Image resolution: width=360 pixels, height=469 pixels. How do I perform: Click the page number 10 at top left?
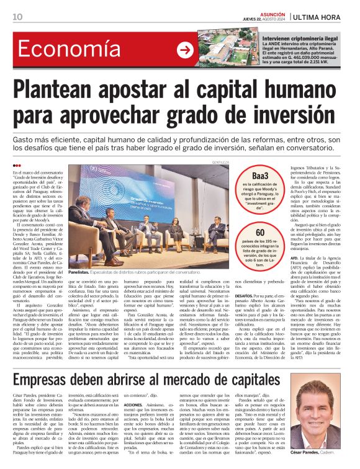[x=18, y=16]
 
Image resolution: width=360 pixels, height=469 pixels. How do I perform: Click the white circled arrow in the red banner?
[x=184, y=50]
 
